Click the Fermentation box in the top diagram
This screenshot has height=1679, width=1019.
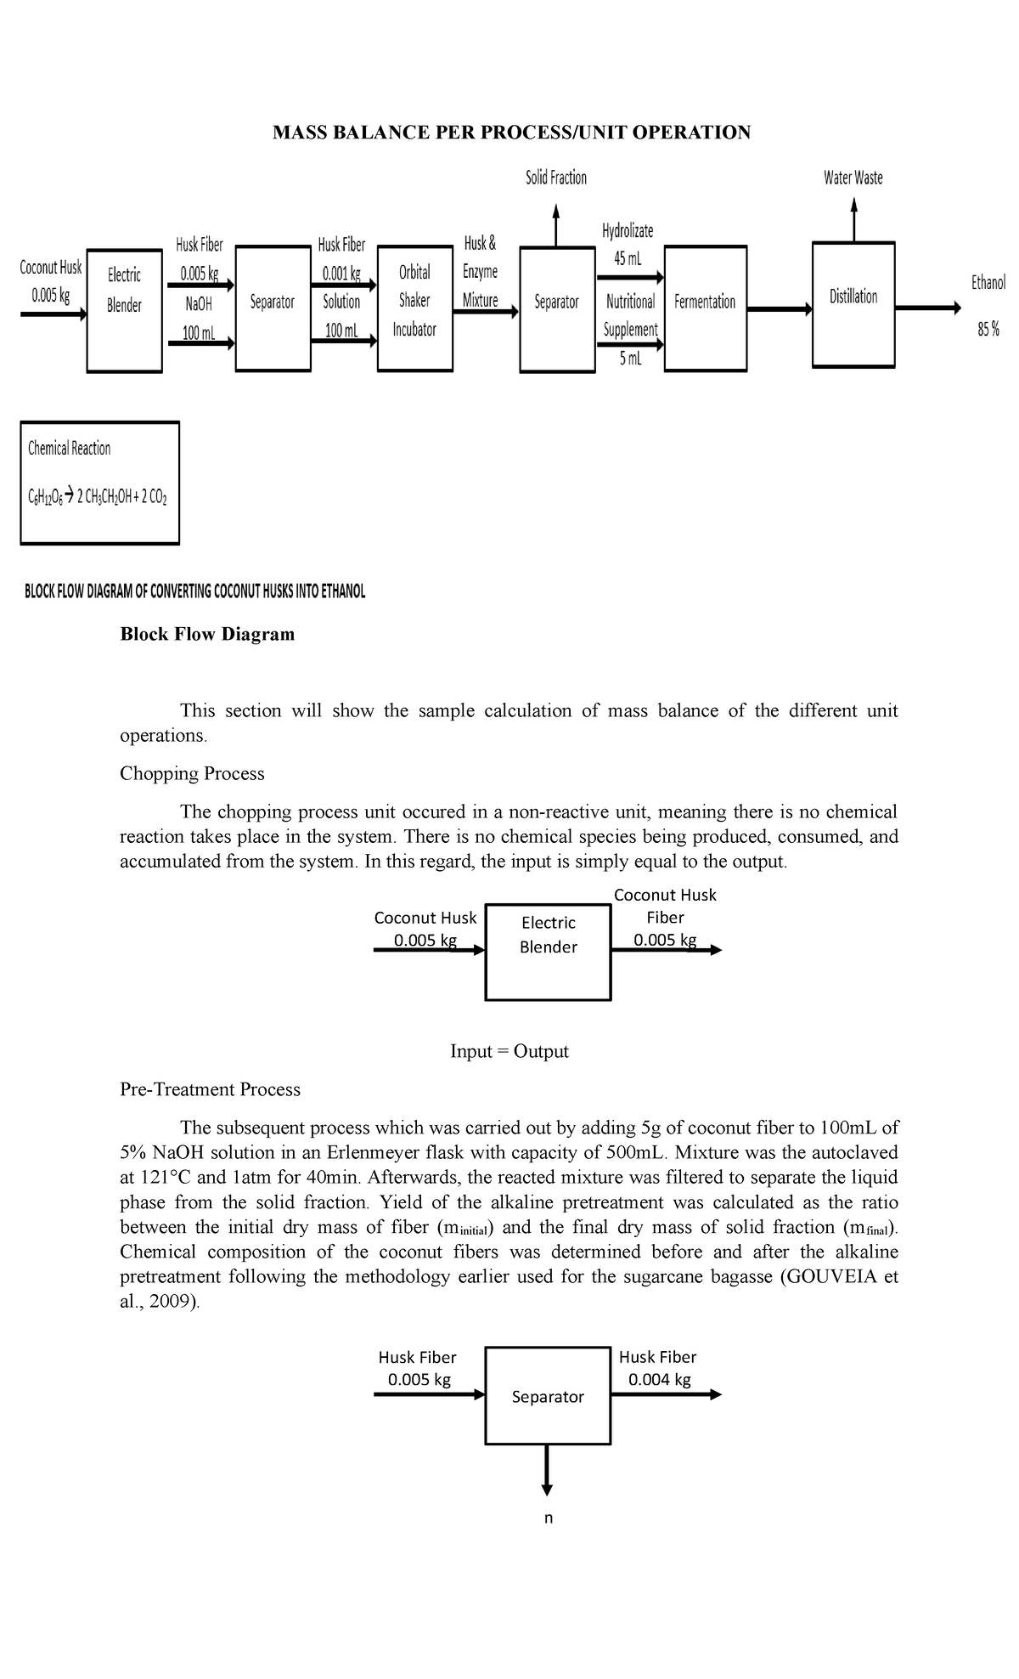[705, 302]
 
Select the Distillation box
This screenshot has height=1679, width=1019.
[853, 297]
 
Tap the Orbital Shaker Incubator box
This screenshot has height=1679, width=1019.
[414, 301]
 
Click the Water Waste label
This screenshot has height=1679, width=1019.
[853, 178]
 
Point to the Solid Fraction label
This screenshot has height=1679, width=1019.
[556, 178]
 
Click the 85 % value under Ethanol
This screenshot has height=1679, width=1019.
[988, 331]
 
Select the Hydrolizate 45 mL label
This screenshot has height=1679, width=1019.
[628, 245]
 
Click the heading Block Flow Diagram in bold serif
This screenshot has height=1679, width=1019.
[207, 634]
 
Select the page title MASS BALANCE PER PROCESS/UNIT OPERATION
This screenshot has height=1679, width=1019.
[511, 132]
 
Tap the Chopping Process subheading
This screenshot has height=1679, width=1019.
[192, 773]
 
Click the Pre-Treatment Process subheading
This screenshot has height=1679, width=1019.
[210, 1089]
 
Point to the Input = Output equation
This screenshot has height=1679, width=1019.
[509, 1051]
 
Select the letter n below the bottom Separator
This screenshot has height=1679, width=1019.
[548, 1518]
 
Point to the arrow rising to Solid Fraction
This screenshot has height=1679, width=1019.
[556, 224]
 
